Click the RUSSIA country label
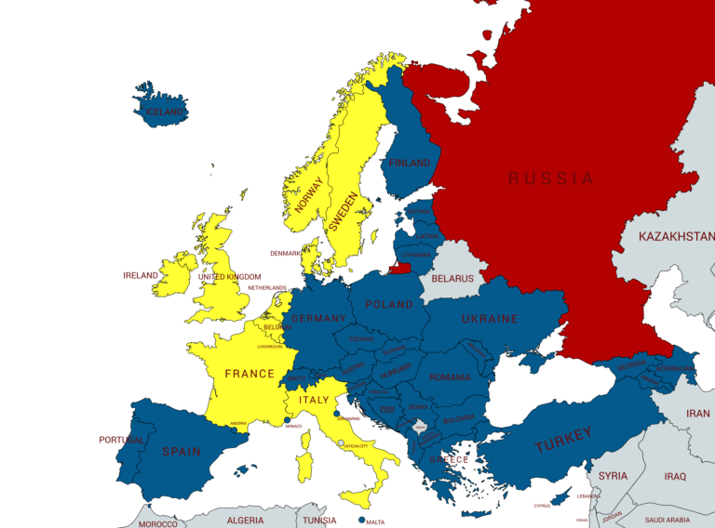[x=550, y=178]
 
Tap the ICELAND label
[x=166, y=112]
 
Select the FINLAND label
[x=410, y=163]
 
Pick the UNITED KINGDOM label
[x=230, y=277]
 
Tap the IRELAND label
[x=141, y=276]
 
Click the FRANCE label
[x=250, y=374]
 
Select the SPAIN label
[x=181, y=452]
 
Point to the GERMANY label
[x=318, y=318]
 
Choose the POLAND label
[x=389, y=305]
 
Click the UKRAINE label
[x=490, y=319]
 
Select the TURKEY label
[x=562, y=440]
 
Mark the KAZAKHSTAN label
[x=676, y=237]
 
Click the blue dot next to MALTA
[x=361, y=520]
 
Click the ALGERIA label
[x=246, y=520]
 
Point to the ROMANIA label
[x=450, y=378]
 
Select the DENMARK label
[x=286, y=253]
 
